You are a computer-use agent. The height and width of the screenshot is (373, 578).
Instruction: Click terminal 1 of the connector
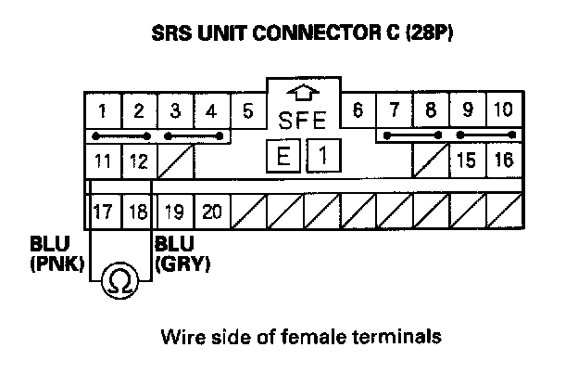click(103, 111)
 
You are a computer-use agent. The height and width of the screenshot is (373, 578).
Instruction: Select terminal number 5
click(248, 111)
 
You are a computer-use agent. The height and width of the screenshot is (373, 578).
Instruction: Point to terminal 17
click(103, 212)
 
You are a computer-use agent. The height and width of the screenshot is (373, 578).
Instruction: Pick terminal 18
click(137, 212)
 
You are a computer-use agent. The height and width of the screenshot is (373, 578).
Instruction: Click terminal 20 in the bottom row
click(212, 212)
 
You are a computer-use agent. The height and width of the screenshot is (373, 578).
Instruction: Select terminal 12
click(139, 161)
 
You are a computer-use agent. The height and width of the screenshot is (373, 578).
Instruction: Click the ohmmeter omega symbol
click(121, 278)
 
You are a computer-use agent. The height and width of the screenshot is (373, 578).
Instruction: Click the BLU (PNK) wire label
click(56, 255)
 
